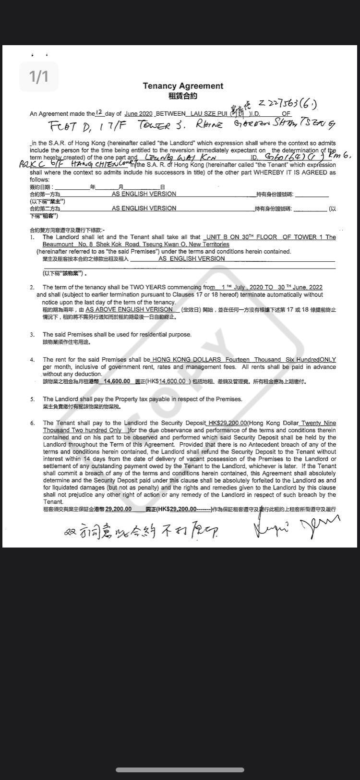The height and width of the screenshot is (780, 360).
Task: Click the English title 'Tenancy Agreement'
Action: click(183, 86)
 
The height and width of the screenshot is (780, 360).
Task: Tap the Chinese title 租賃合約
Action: click(183, 96)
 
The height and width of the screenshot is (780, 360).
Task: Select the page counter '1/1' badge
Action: click(39, 76)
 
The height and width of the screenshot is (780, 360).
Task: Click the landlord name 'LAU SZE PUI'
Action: click(208, 114)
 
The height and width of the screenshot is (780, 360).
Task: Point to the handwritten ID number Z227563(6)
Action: click(288, 103)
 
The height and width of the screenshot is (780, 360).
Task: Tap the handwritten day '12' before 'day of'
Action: click(99, 112)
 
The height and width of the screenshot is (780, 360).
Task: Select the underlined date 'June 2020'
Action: click(138, 114)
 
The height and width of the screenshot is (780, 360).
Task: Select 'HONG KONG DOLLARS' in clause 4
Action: click(186, 359)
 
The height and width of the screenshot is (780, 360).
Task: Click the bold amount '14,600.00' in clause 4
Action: click(118, 381)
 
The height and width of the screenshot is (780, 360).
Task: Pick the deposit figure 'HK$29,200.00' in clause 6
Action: click(227, 423)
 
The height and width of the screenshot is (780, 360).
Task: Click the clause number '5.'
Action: click(32, 399)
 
